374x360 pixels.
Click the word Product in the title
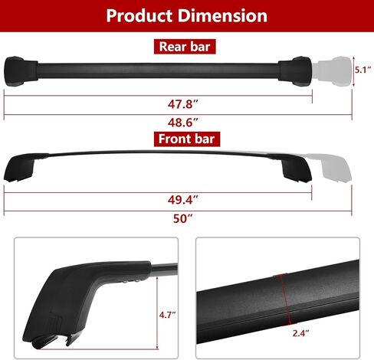[x=139, y=16]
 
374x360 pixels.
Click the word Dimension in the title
[x=222, y=15]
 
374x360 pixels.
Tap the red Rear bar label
[x=185, y=47]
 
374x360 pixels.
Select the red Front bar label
[x=187, y=139]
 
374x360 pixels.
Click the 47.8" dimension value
[x=183, y=104]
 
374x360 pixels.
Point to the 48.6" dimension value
[x=183, y=123]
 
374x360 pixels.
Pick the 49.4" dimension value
[x=183, y=200]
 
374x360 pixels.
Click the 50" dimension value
[x=183, y=218]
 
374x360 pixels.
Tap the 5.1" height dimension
[x=363, y=70]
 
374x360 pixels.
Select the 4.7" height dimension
[x=168, y=315]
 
